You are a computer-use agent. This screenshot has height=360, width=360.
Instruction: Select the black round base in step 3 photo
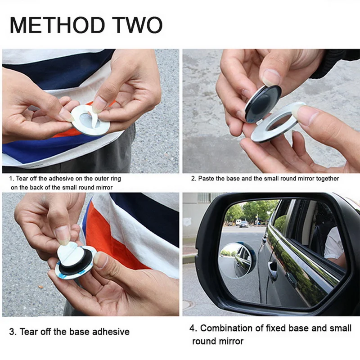click(79, 265)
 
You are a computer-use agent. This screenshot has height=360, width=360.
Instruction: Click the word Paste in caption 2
click(207, 179)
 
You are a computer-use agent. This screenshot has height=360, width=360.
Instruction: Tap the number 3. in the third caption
click(13, 332)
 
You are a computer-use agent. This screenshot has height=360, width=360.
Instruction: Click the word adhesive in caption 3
click(110, 332)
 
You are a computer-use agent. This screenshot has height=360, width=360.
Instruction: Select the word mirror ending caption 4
click(230, 341)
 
